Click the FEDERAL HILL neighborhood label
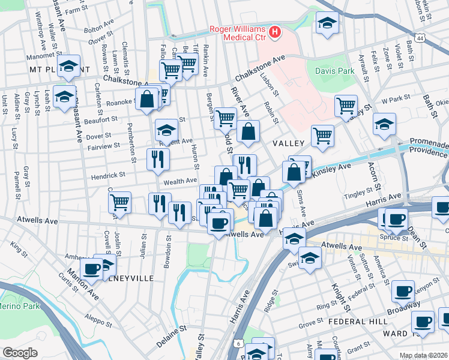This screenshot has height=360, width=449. [352, 322]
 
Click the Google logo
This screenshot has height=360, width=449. [20, 352]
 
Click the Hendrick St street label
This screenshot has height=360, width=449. [107, 176]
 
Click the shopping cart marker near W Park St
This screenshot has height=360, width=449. [346, 106]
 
